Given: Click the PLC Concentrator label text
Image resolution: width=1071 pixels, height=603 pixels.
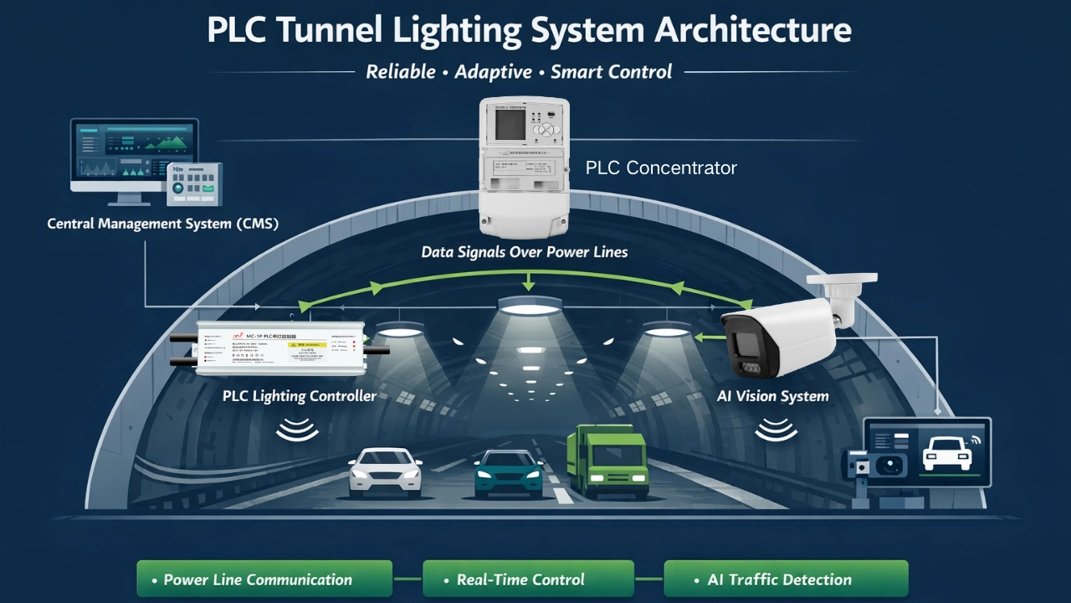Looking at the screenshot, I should [661, 168].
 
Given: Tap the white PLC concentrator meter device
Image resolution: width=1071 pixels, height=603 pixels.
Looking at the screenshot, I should [524, 167].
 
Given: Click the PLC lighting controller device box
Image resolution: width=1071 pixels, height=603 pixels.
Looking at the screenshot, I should [280, 348].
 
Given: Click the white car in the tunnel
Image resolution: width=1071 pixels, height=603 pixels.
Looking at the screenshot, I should [385, 471].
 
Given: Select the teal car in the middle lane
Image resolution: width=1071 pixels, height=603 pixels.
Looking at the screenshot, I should [508, 474].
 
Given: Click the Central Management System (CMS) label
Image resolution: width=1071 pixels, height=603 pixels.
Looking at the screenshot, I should [162, 224].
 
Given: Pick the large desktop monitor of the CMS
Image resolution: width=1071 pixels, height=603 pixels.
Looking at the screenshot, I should [134, 156].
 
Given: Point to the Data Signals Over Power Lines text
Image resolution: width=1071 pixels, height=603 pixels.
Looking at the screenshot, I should [524, 252].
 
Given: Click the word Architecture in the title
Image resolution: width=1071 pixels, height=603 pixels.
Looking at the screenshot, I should [752, 30].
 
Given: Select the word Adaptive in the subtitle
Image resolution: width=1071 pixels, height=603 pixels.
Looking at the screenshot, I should [493, 72].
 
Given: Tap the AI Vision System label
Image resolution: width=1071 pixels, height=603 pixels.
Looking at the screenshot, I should [772, 396].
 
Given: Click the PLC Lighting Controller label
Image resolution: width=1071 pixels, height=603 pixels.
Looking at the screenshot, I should [299, 396].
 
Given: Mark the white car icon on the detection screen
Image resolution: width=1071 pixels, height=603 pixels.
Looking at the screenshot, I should [946, 453].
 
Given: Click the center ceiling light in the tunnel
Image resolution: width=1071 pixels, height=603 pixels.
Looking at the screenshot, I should [529, 307].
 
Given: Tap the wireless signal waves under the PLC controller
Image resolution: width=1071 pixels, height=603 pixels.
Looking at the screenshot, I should [297, 430].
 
